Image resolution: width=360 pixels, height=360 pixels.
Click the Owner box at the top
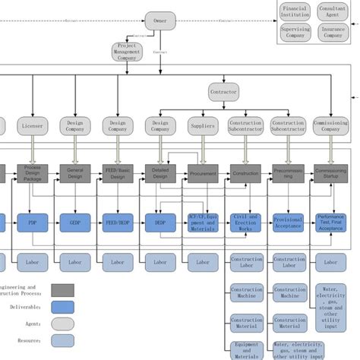(x=160, y=21)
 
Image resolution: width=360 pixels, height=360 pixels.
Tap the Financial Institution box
(x=295, y=11)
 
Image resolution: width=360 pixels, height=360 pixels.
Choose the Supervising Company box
(x=295, y=33)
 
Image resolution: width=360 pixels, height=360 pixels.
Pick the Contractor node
(x=223, y=93)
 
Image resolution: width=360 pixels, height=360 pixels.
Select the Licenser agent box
(x=33, y=125)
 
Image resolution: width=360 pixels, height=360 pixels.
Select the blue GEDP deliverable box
(x=75, y=223)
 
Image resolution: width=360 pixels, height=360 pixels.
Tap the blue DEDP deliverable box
(x=160, y=223)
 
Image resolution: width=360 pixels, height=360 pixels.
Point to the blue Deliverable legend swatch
(x=63, y=306)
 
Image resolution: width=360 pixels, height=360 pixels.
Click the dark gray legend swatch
(x=63, y=289)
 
